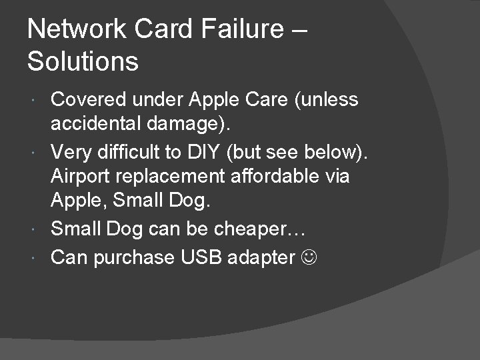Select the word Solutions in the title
pos(83,62)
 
